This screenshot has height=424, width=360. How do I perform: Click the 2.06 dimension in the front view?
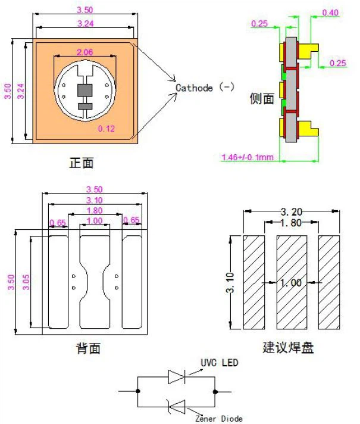click(84, 52)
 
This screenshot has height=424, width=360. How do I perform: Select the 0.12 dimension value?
click(106, 128)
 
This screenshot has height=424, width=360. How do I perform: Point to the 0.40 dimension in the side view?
click(330, 13)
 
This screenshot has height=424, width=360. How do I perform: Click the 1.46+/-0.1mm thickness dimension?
click(247, 157)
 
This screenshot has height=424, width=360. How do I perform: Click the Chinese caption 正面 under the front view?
click(82, 163)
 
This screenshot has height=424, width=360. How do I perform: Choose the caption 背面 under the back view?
click(88, 348)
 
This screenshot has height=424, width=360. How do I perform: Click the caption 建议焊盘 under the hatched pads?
click(289, 347)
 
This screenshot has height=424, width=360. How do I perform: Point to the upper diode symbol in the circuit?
click(177, 376)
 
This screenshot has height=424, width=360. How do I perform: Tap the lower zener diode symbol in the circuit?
click(177, 407)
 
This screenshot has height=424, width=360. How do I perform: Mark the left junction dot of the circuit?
click(138, 391)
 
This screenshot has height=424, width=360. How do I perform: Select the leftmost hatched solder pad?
click(254, 283)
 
